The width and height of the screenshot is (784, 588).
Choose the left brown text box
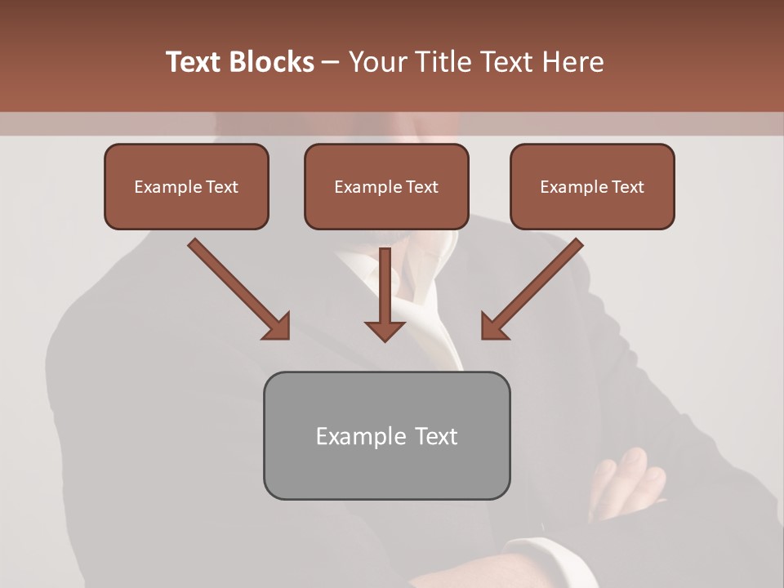(186, 186)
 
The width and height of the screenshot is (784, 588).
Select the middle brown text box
(386, 186)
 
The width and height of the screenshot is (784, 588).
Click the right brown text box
(592, 186)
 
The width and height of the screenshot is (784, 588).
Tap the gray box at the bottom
(386, 435)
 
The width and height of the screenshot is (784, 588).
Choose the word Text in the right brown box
(627, 187)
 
